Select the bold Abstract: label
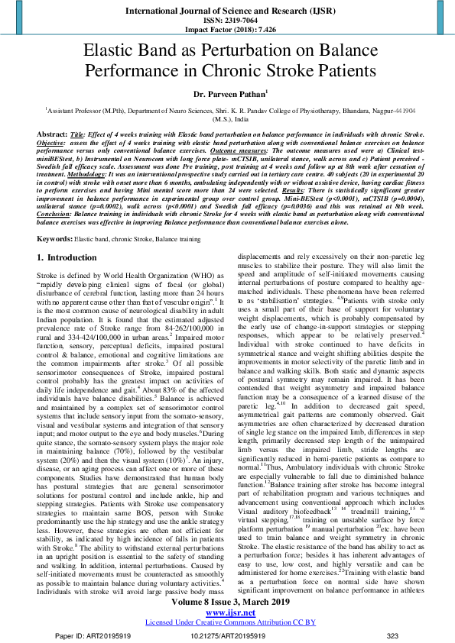52,133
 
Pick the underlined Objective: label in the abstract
52,142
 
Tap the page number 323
392,635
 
